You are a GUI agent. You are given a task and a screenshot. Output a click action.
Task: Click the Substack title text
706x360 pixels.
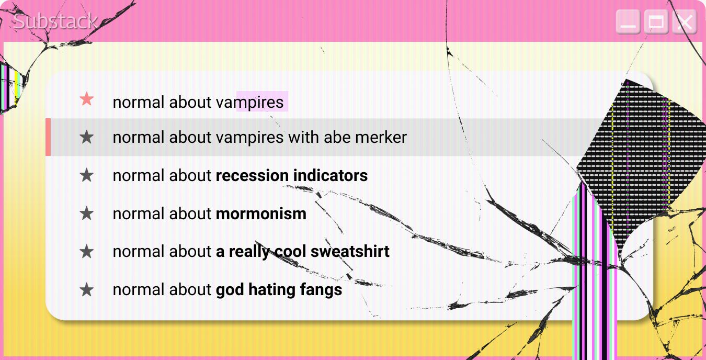(55, 21)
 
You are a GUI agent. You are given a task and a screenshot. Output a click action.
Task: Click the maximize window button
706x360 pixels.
(656, 22)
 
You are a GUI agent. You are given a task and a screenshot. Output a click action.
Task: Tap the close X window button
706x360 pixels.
(684, 22)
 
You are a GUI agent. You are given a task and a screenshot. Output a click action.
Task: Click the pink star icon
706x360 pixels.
(87, 99)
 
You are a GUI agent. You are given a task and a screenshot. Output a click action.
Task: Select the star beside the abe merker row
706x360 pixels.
(87, 138)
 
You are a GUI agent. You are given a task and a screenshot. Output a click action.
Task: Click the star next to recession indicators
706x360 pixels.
(87, 175)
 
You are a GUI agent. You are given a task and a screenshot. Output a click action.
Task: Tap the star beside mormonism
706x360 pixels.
(87, 213)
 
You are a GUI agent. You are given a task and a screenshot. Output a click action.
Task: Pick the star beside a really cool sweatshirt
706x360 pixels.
(87, 252)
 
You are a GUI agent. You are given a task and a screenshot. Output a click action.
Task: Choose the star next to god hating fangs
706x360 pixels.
(87, 289)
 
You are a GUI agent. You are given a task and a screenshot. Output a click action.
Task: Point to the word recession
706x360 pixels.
(252, 176)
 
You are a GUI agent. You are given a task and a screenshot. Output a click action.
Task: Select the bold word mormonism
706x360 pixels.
(261, 214)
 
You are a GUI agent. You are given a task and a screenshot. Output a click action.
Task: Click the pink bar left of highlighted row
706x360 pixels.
(48, 137)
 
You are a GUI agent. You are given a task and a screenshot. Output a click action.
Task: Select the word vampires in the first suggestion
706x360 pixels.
(249, 102)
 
